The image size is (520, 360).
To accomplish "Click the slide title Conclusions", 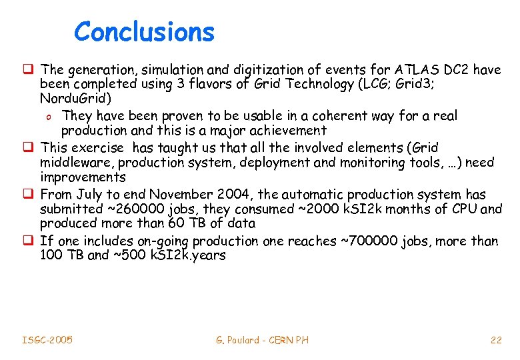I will coord(144,31).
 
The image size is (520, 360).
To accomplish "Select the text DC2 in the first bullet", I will coord(455,69).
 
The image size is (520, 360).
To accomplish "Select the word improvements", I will coord(83,177).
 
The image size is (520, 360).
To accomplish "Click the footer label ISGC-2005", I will coord(47,340).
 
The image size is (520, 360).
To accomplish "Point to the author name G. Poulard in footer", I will coord(236,340).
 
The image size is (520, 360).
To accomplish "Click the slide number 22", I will coord(495,340).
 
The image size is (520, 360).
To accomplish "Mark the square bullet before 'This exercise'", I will coord(31,147).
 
